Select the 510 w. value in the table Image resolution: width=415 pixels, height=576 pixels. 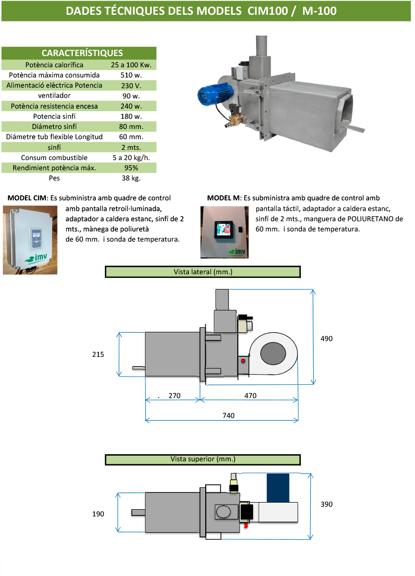131,75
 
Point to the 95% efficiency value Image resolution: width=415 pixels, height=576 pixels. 131,168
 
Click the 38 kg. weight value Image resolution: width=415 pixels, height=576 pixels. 131,178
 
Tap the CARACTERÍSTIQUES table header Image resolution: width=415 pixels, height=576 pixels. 82,53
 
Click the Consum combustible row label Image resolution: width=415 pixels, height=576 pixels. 54,158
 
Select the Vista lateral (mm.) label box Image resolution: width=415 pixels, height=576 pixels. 203,272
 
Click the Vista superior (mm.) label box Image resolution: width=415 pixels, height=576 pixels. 203,459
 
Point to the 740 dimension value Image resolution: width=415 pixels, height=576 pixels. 228,416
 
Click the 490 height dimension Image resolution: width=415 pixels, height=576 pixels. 326,338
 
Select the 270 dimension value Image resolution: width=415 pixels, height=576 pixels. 175,396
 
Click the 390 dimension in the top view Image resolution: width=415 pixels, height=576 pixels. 326,504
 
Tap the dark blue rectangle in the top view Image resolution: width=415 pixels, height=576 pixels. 278,487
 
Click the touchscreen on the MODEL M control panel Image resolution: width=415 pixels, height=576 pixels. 224,230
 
